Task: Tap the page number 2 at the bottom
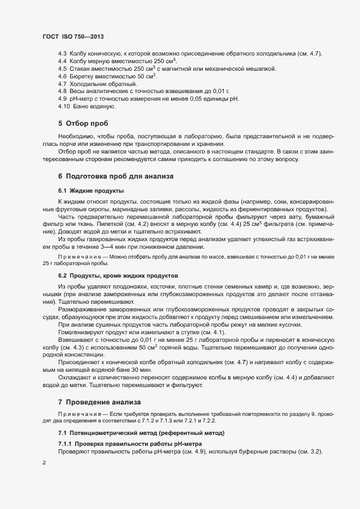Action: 44,463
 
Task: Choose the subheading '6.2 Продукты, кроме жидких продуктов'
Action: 118,276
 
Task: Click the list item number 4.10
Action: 64,106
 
